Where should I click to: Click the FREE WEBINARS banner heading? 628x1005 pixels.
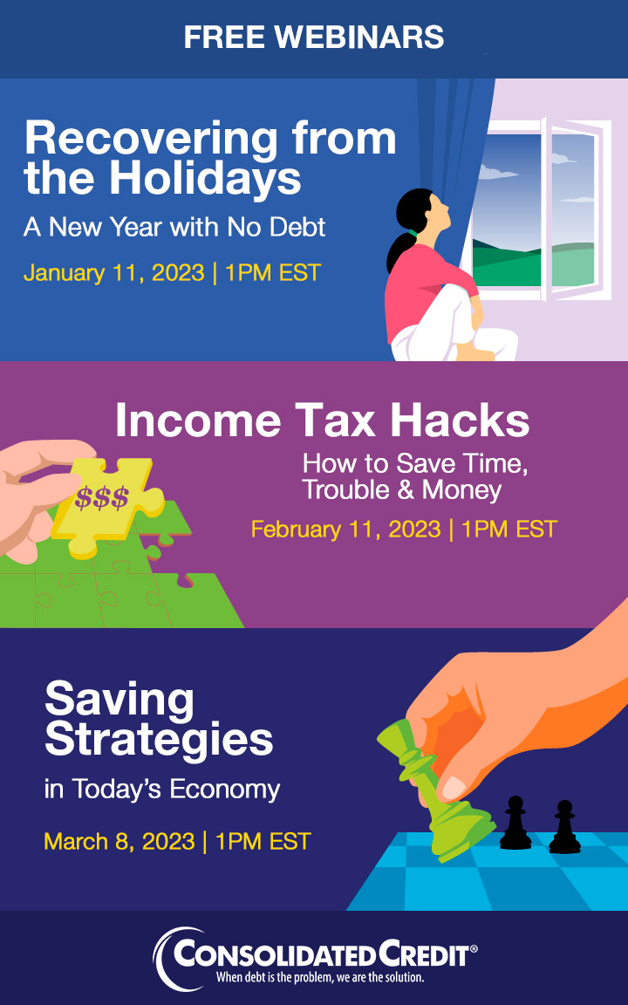[314, 37]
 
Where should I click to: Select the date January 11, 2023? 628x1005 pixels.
[113, 272]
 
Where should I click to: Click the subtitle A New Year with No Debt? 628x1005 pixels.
[174, 226]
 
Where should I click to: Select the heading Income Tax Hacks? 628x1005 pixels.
[323, 421]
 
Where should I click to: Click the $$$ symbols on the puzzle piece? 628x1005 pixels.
[101, 497]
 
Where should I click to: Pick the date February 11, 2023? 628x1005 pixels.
[346, 530]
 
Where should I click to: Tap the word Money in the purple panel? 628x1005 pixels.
[461, 490]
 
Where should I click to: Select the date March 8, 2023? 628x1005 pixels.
[119, 841]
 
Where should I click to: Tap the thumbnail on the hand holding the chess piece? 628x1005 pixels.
[454, 788]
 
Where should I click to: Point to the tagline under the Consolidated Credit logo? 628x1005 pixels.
[320, 978]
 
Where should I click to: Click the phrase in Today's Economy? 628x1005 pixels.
[162, 790]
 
